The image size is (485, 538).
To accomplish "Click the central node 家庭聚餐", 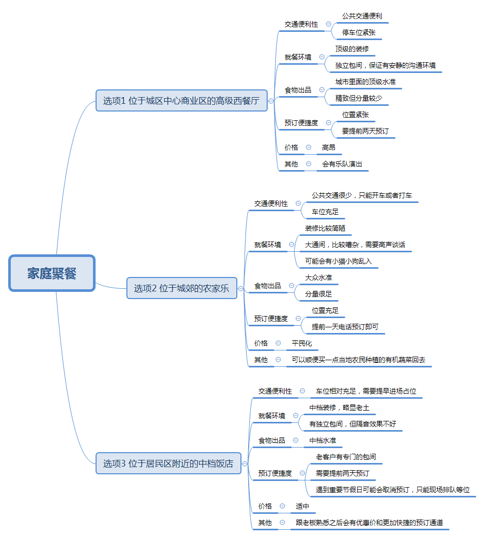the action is [52, 273].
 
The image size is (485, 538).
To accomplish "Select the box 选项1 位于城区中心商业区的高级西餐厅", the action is [181, 101].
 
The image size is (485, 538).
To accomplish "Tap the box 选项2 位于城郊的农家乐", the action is [182, 288].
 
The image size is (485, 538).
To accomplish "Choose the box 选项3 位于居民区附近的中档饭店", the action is [169, 463].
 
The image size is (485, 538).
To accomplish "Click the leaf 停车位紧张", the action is [359, 32].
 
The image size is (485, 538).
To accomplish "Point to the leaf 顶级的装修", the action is [352, 49].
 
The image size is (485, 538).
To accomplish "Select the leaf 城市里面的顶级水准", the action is [365, 82].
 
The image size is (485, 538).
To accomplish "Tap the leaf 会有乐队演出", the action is [342, 164].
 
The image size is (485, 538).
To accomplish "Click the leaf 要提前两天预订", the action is [365, 131].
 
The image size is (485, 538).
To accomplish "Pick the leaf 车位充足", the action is [325, 212].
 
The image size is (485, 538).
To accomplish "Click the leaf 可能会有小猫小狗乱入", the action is [338, 261].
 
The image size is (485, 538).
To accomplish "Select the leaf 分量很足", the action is [319, 294].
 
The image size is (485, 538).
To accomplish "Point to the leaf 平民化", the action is [302, 343].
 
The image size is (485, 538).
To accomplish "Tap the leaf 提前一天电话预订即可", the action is [345, 327].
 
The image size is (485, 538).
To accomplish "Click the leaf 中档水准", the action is [323, 440].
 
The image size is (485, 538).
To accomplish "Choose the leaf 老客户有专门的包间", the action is [346, 457].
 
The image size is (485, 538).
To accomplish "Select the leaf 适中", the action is [303, 506].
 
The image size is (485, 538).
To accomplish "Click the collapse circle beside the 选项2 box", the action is [241, 289].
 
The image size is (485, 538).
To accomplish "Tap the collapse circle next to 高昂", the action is [309, 147].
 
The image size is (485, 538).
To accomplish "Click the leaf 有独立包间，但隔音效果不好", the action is [352, 424].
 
